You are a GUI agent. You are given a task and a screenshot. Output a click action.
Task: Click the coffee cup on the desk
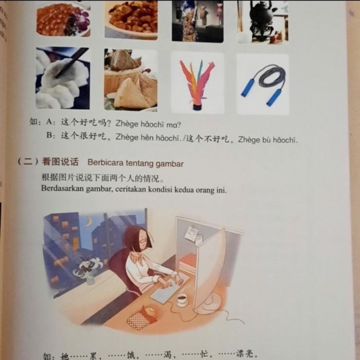click(x=182, y=299)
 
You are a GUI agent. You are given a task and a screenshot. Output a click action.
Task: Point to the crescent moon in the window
click(x=88, y=222)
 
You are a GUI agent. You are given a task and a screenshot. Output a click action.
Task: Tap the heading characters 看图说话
click(x=61, y=163)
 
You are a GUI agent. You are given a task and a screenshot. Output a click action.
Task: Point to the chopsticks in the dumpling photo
click(x=69, y=65)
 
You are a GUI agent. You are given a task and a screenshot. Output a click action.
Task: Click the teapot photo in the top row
click(x=263, y=21)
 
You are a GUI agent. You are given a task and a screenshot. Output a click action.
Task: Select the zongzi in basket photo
click(x=131, y=79)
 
